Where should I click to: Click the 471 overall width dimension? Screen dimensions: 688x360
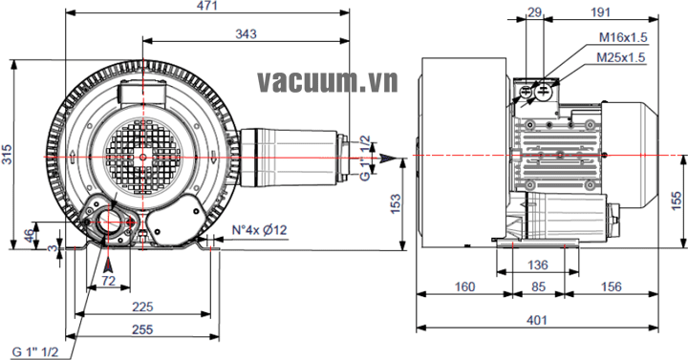[x=206, y=6]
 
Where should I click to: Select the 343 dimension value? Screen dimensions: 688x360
[x=246, y=33]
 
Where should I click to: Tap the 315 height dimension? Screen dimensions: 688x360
[x=7, y=154]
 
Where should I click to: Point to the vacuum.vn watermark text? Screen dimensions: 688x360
[x=328, y=81]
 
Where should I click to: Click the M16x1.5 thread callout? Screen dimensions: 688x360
[x=623, y=37]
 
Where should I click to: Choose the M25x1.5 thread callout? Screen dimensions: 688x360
[x=621, y=57]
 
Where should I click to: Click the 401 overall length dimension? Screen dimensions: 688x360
[x=537, y=321]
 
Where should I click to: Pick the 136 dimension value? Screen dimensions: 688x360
[x=537, y=265]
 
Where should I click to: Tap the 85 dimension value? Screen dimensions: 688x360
[x=538, y=286]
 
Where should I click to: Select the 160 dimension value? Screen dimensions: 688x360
[x=464, y=286]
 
